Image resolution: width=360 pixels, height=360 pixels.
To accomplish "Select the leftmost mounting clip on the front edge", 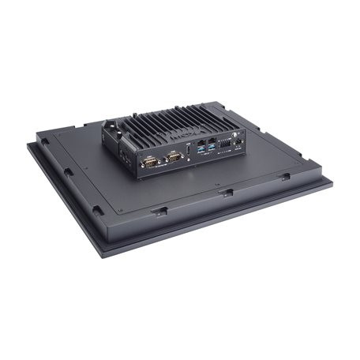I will pos(159,212).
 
